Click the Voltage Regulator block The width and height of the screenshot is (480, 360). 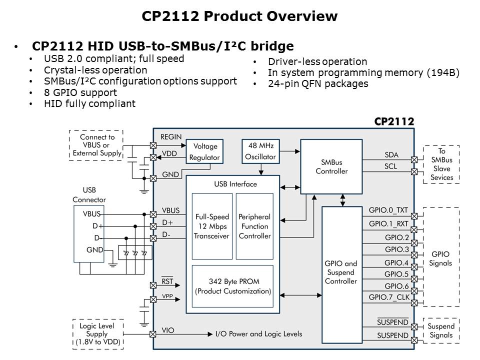click(x=204, y=151)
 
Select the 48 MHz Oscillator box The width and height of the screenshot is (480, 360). click(x=260, y=151)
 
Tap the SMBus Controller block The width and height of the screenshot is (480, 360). click(x=331, y=166)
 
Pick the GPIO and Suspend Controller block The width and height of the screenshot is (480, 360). click(x=340, y=272)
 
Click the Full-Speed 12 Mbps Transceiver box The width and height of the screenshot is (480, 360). click(x=212, y=226)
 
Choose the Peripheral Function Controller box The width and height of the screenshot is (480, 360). click(x=254, y=226)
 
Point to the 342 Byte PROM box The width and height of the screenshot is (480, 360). click(x=233, y=286)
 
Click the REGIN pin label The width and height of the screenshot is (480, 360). click(x=171, y=136)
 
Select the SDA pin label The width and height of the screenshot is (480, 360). click(x=391, y=155)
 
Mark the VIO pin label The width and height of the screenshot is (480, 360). click(x=168, y=330)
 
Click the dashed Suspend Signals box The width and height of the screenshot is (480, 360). click(x=440, y=331)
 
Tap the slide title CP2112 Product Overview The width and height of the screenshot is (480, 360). click(x=239, y=16)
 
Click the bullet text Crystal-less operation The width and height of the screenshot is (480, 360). click(x=95, y=70)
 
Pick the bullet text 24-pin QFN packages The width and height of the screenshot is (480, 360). click(x=318, y=83)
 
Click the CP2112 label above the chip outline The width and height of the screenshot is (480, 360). click(x=394, y=121)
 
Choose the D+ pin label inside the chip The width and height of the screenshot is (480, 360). click(x=167, y=222)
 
